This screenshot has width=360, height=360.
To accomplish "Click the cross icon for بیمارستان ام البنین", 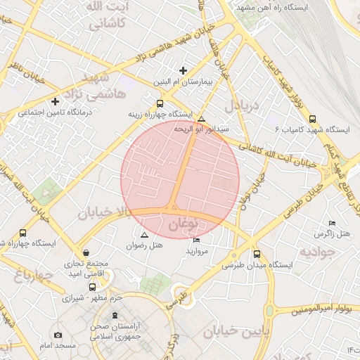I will [184, 70].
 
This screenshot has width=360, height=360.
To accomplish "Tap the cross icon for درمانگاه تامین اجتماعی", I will [56, 102].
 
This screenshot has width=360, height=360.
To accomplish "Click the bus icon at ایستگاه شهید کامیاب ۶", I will [312, 119].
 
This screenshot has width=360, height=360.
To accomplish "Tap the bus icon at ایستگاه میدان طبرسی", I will [256, 255].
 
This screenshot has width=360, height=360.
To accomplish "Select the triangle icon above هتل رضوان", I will [144, 235].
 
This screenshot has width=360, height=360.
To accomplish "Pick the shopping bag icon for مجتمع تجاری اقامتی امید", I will [86, 252].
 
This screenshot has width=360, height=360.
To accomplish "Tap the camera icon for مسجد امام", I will [58, 335].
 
